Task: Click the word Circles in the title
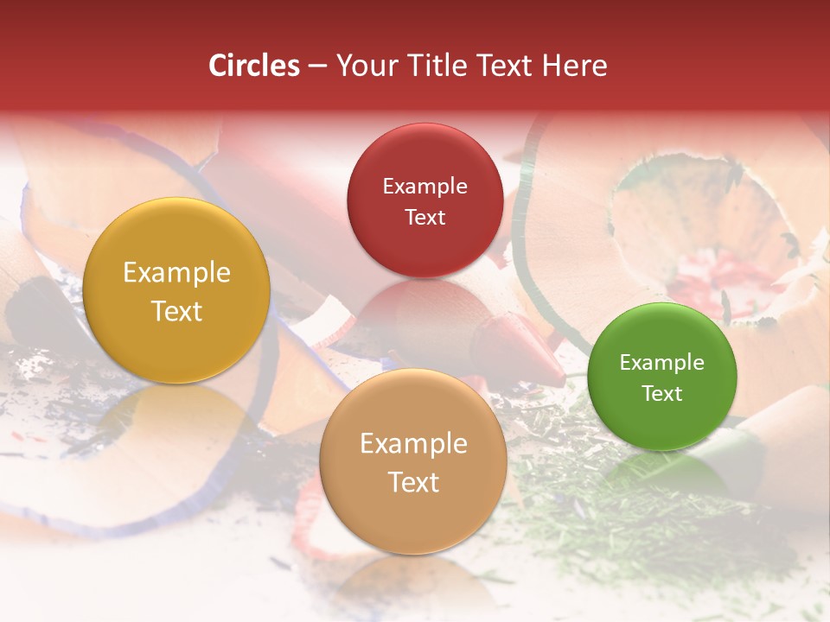pos(253,66)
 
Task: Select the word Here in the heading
pos(575,66)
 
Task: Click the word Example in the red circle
pos(425,187)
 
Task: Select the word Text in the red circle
pos(425,217)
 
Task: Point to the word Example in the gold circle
pos(176,273)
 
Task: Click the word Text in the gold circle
pos(176,311)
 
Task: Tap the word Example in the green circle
pos(661,363)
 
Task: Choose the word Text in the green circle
pos(661,394)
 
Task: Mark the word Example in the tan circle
pos(412,444)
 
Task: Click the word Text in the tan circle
pos(412,482)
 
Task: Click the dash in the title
pos(317,66)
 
